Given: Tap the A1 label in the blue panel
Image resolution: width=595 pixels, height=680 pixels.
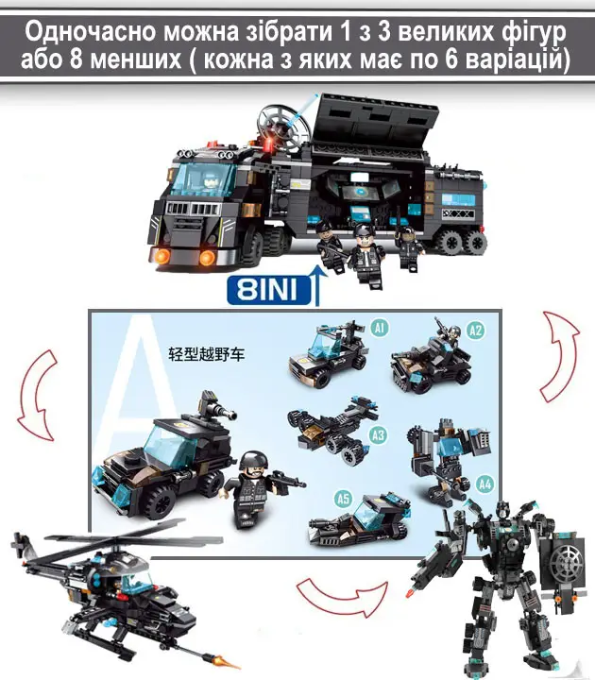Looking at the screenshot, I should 379,328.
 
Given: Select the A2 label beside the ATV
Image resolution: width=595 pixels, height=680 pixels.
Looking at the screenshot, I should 475,330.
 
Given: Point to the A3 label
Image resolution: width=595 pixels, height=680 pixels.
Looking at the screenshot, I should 378,435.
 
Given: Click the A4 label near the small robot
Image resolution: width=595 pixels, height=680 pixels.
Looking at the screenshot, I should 485,484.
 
